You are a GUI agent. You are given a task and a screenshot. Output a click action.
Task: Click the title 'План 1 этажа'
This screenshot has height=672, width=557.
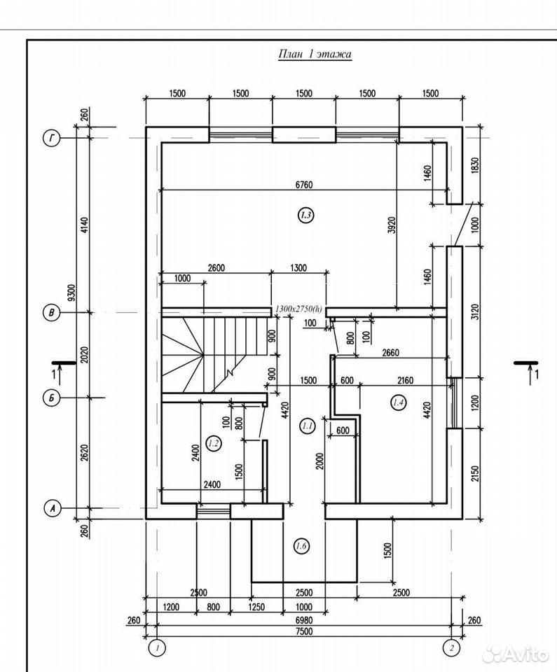click(315, 54)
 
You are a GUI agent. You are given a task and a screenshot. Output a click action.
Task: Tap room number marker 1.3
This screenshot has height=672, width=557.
click(305, 215)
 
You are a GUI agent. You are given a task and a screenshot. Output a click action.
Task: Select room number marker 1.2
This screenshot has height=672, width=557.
click(213, 444)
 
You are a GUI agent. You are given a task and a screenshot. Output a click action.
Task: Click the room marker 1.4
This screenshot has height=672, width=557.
click(398, 402)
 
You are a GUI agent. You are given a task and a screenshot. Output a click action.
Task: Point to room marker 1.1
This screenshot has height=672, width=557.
click(307, 426)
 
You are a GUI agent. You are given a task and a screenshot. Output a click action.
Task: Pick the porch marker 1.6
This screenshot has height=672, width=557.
click(301, 546)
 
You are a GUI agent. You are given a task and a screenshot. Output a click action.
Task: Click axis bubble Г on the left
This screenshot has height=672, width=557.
click(51, 139)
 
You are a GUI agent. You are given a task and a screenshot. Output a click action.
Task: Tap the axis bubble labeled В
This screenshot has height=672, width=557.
click(51, 313)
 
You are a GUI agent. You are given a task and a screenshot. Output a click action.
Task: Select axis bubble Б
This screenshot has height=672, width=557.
click(51, 398)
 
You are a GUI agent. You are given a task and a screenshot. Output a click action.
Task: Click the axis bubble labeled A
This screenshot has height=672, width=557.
click(53, 508)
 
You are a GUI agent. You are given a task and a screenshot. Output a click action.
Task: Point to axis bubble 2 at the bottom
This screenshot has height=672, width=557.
click(451, 648)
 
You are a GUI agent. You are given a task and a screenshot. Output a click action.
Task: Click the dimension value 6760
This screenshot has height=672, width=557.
click(304, 185)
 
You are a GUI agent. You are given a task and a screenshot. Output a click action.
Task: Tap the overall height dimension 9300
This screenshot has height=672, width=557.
click(71, 293)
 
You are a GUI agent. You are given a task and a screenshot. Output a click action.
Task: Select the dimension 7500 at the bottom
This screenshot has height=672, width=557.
click(304, 631)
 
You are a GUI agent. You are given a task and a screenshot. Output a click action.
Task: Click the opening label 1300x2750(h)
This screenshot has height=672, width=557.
click(298, 308)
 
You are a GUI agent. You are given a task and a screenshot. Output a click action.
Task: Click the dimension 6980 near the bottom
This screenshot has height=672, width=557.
click(304, 619)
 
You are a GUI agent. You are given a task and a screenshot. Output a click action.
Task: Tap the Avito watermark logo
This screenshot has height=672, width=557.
click(515, 655)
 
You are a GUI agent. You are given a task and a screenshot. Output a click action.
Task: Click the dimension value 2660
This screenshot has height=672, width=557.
click(390, 352)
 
